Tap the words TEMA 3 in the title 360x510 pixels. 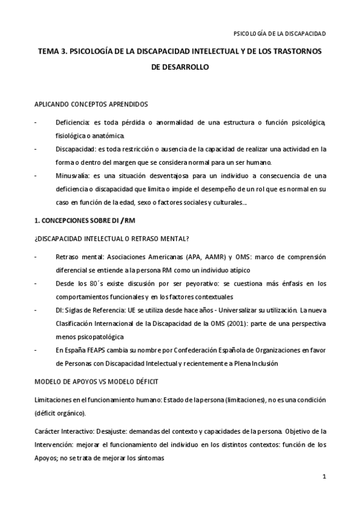tap(52, 52)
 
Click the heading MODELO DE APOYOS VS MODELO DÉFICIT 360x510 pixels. tap(96, 382)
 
